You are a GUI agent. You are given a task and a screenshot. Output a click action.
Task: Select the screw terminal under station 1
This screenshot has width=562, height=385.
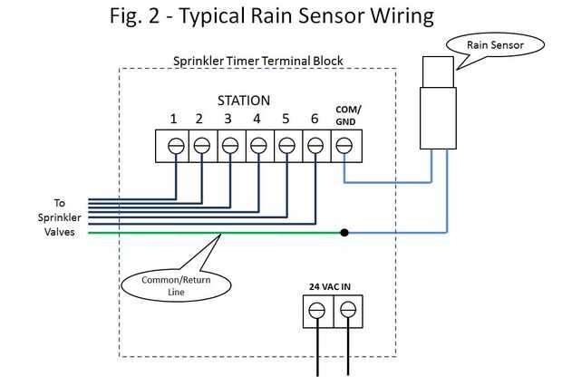pyautogui.click(x=173, y=144)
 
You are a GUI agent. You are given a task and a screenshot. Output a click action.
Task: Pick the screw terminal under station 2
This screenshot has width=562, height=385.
pyautogui.click(x=201, y=144)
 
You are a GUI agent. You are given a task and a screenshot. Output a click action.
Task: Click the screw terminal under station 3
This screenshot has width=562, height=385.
pyautogui.click(x=230, y=144)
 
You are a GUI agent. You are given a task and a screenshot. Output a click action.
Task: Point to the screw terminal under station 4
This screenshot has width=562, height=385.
pyautogui.click(x=258, y=144)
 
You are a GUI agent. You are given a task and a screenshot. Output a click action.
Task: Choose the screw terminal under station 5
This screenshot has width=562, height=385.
pyautogui.click(x=286, y=144)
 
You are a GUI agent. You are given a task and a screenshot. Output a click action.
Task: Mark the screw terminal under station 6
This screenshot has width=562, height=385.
pyautogui.click(x=315, y=144)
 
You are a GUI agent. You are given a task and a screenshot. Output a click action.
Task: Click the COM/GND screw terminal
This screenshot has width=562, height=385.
pyautogui.click(x=344, y=144)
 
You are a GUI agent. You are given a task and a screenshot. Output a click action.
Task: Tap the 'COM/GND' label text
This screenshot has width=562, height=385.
pyautogui.click(x=345, y=114)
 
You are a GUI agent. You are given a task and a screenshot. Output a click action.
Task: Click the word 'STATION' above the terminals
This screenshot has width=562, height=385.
pyautogui.click(x=243, y=100)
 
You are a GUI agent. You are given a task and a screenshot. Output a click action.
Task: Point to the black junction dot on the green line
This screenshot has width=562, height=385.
pyautogui.click(x=344, y=233)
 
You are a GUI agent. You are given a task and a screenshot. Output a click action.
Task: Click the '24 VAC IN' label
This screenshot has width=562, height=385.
pyautogui.click(x=330, y=286)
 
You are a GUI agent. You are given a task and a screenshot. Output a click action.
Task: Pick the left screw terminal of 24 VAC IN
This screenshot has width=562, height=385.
pyautogui.click(x=316, y=311)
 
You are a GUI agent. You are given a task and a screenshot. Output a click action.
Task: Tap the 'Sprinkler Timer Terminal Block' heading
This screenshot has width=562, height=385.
pyautogui.click(x=257, y=61)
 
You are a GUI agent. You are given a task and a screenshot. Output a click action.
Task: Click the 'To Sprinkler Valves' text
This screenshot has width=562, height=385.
pyautogui.click(x=60, y=217)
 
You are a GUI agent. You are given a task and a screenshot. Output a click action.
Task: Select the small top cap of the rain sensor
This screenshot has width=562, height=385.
pyautogui.click(x=439, y=70)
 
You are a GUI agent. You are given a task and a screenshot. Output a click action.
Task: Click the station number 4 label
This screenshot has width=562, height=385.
pyautogui.click(x=257, y=118)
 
